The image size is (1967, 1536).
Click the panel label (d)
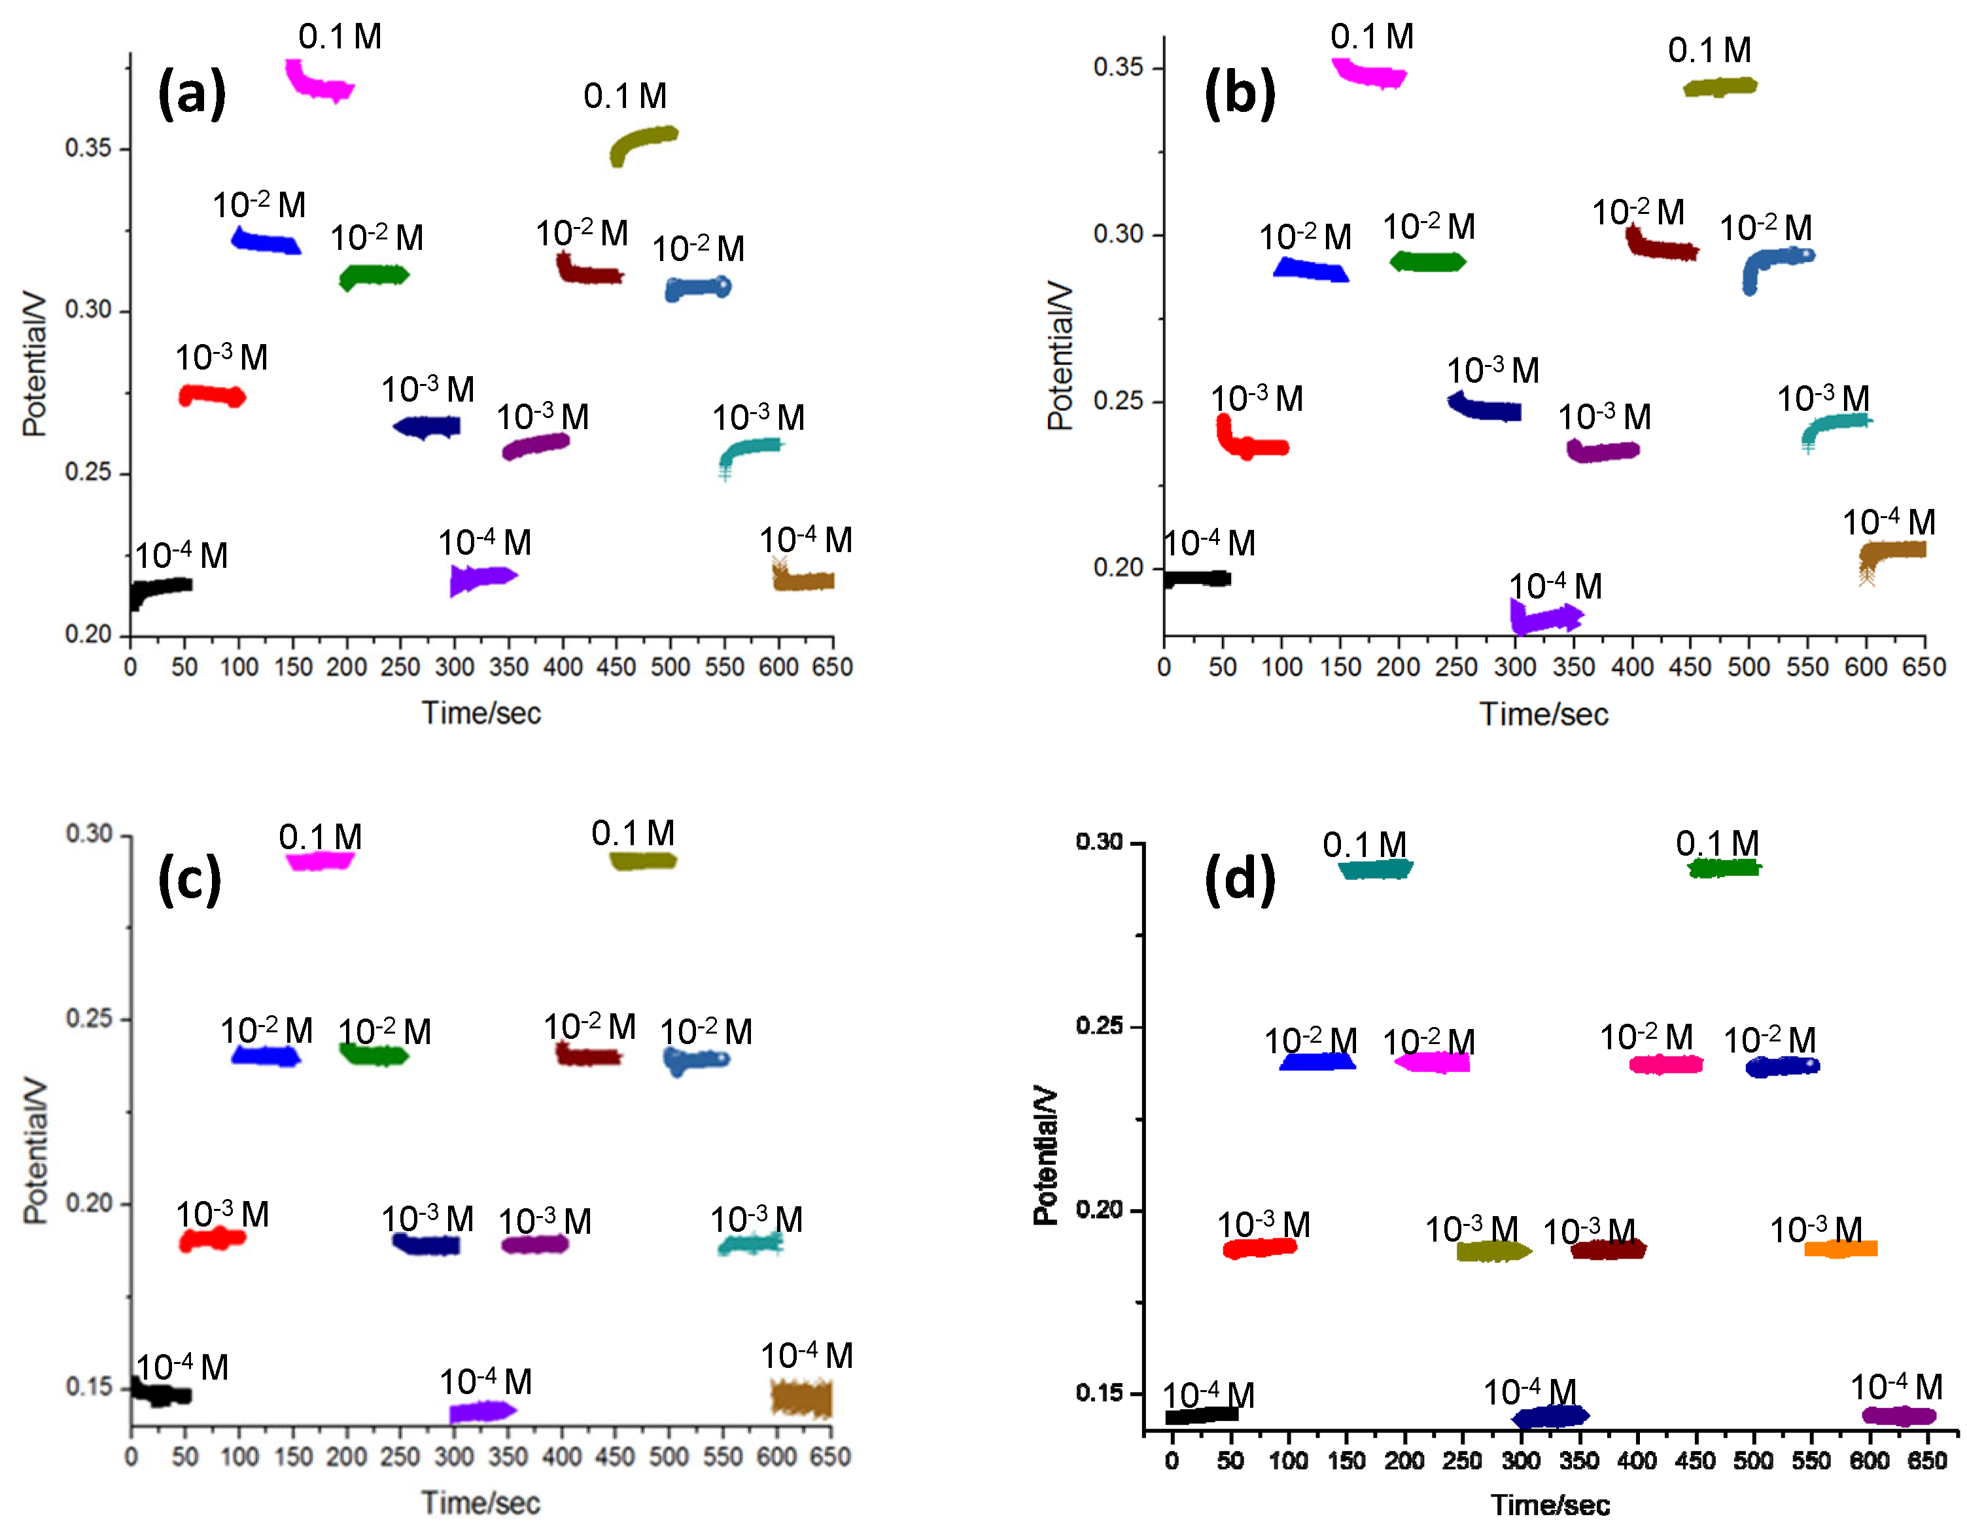(x=1240, y=879)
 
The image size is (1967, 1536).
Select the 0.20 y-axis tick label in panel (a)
(x=88, y=634)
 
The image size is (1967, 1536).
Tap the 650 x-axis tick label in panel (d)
(x=1926, y=1461)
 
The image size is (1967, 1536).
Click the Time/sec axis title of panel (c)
(x=481, y=1503)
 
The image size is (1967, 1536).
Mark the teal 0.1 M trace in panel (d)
(x=1375, y=869)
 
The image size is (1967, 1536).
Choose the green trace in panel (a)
(x=374, y=275)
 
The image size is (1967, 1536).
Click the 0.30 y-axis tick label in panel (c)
(x=88, y=833)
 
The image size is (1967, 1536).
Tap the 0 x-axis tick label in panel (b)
(x=1164, y=667)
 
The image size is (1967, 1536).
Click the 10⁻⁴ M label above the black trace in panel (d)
(x=1208, y=1395)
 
